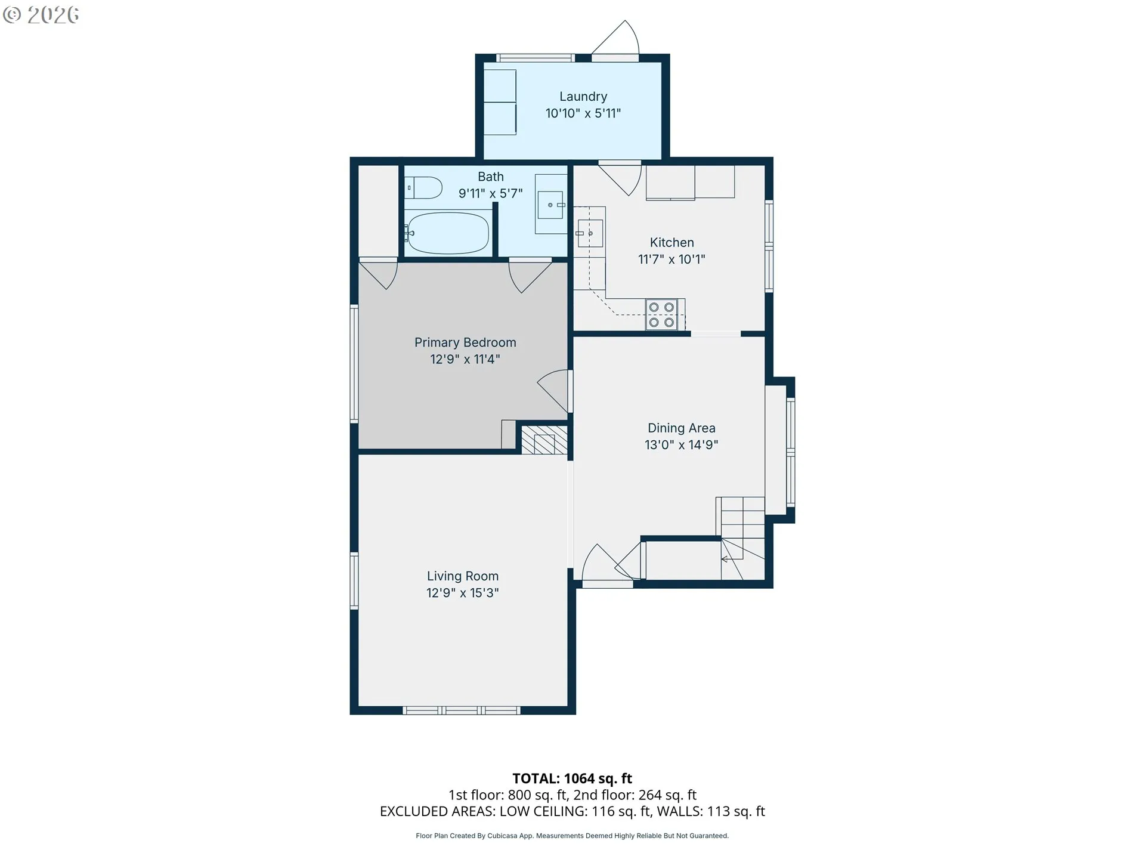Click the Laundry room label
click(x=583, y=97)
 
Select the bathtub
click(x=447, y=233)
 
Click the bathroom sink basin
click(x=551, y=205)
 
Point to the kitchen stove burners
click(x=661, y=314)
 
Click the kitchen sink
click(x=590, y=233)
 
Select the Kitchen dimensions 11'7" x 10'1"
click(x=671, y=259)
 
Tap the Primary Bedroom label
click(x=465, y=342)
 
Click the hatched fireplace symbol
click(x=544, y=440)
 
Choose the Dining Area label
click(x=682, y=428)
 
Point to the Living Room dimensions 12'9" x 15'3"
click(x=463, y=593)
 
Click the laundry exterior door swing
click(x=615, y=38)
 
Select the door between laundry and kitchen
click(x=620, y=178)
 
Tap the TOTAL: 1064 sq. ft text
click(x=572, y=778)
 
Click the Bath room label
click(x=491, y=177)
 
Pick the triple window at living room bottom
click(x=462, y=710)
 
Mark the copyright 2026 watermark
click(x=41, y=15)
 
